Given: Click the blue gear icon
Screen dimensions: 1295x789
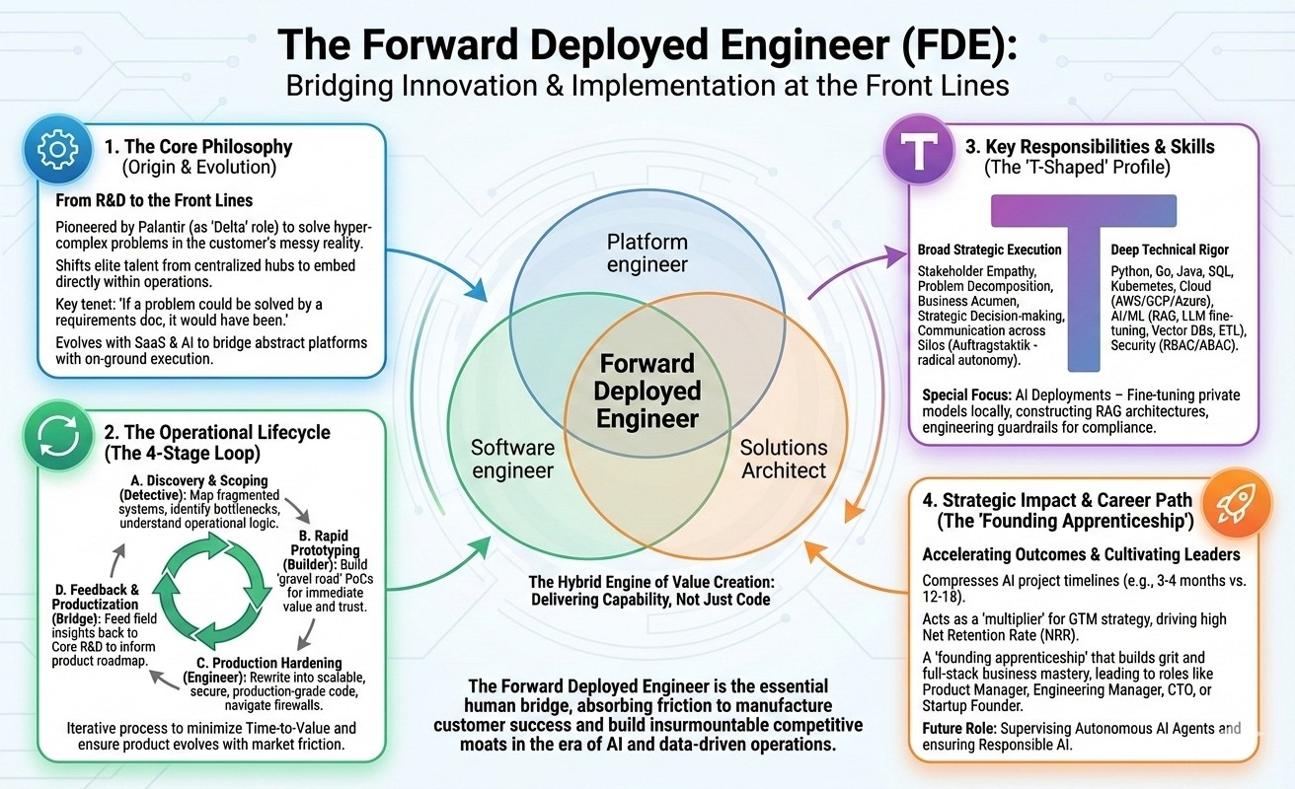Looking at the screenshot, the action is pos(58,149).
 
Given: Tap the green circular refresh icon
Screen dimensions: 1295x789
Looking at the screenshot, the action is pos(58,436).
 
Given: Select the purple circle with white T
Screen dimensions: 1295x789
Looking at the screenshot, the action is pos(919,149).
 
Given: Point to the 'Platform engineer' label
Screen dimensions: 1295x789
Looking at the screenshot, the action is pos(647,253).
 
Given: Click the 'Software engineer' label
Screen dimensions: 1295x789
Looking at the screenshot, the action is pos(512,459).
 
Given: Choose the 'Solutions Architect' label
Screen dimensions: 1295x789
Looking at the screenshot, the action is pos(784,459).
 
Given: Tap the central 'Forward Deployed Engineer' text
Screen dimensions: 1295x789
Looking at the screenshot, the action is pos(647,391).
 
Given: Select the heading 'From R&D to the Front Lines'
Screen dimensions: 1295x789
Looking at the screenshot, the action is pos(154,200).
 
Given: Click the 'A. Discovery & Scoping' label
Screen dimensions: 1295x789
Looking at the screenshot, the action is pos(199,480).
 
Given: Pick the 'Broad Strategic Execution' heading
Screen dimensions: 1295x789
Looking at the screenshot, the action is pos(990,250).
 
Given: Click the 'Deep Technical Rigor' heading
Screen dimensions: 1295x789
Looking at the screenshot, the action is pos(1170,250).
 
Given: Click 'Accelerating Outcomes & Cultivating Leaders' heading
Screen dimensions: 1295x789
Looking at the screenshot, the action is pos(1081,554).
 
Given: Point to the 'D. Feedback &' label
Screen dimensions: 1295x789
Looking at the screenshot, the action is pos(97,590).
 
